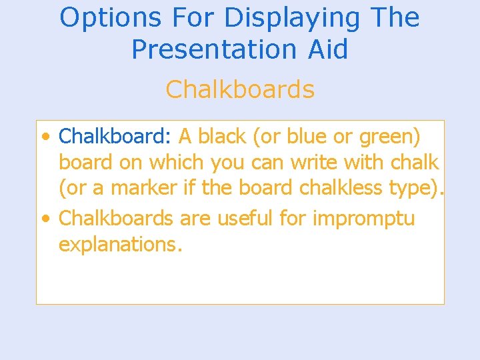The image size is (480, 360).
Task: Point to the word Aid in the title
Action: tap(327, 50)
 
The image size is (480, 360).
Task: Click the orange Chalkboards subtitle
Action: tap(240, 89)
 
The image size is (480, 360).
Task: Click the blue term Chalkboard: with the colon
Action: tap(115, 137)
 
